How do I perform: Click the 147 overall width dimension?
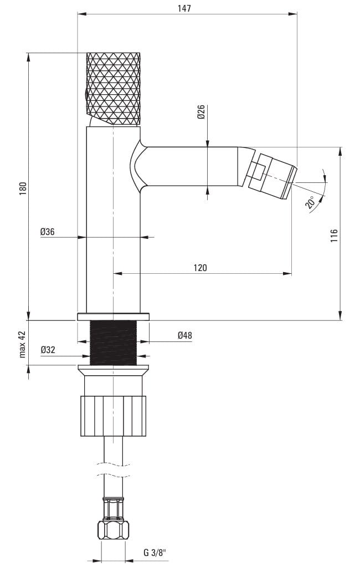coord(184,8)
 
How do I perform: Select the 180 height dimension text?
coord(23,188)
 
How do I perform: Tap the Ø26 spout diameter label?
coord(201,112)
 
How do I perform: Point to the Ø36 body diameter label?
coord(48,232)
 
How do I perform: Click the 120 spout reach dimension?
coord(200,268)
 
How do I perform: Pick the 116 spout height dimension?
coord(334,236)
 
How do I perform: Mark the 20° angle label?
coord(310,203)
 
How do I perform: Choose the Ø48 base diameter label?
coord(184,335)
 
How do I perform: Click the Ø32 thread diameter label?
coord(48,350)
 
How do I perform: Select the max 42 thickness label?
coord(23,344)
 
